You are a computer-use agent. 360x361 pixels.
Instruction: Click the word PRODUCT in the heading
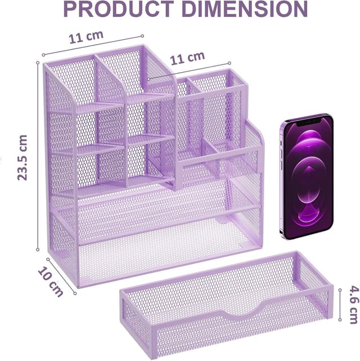(x=119, y=9)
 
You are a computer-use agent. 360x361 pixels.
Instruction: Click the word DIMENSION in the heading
(x=245, y=9)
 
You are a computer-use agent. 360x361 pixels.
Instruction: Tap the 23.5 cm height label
(x=22, y=158)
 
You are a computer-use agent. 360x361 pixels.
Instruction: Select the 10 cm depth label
(x=51, y=282)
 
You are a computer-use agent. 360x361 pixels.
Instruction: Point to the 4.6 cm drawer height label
(x=354, y=305)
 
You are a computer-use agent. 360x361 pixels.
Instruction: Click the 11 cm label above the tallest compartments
(x=86, y=37)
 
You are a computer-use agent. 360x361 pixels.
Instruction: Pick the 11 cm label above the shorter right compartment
(x=187, y=58)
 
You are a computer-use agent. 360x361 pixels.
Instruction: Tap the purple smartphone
(x=307, y=177)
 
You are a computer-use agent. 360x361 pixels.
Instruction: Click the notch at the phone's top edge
(x=308, y=122)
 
